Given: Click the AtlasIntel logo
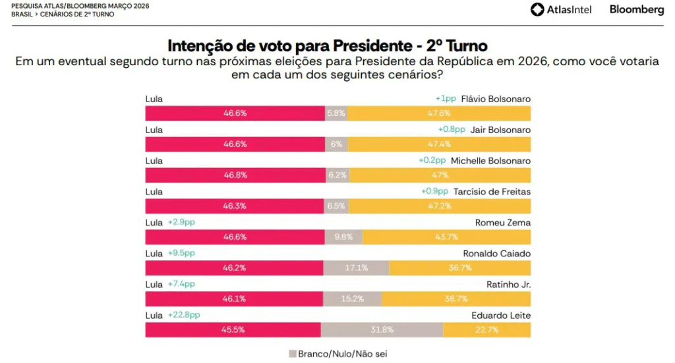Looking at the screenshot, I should (x=561, y=9).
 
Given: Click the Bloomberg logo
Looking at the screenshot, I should (x=636, y=9).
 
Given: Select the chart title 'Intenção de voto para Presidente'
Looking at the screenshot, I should (x=328, y=45).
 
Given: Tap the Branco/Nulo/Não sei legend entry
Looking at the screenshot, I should (x=337, y=354).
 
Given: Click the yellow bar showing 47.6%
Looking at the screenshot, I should (x=438, y=113).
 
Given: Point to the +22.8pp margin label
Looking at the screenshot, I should (x=184, y=315).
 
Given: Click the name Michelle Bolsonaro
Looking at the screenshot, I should (x=488, y=161).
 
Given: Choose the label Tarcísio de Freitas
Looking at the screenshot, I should (x=492, y=192).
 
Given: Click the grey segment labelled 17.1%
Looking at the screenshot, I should (x=356, y=268).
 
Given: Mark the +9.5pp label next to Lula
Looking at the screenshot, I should (x=181, y=253).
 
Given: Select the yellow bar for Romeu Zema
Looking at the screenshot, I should (x=446, y=237).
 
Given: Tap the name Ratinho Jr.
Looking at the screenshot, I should (x=510, y=285).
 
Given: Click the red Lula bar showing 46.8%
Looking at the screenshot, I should (x=235, y=175).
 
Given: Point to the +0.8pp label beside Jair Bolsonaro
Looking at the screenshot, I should (x=452, y=130).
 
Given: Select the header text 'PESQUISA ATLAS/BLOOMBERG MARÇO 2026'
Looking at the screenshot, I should (x=80, y=6).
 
